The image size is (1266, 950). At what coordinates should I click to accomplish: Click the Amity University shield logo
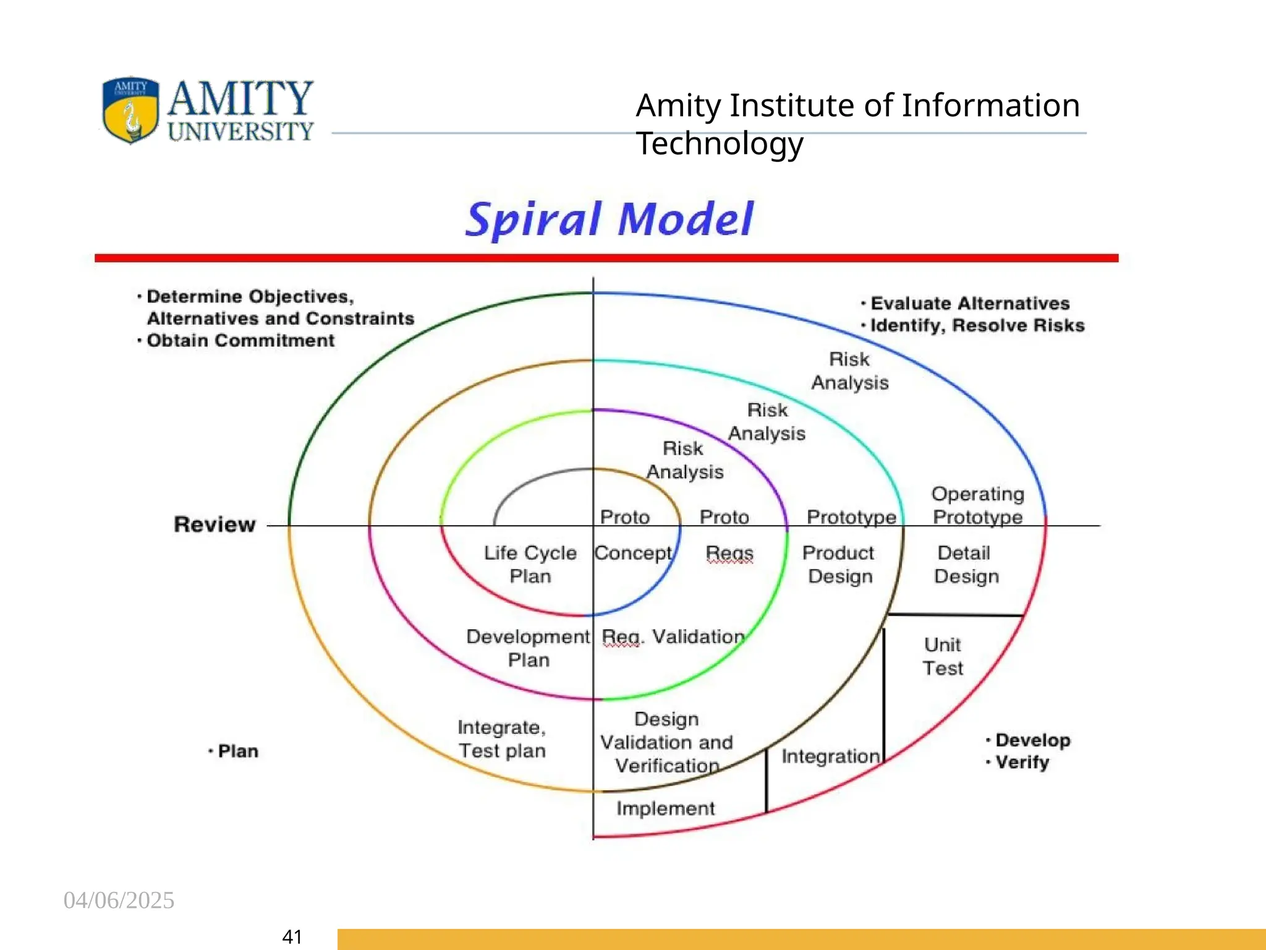[130, 110]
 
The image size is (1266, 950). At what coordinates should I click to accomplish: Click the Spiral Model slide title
[609, 219]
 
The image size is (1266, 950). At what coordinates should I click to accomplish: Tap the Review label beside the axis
[215, 524]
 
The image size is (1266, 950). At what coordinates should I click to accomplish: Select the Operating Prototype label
[977, 505]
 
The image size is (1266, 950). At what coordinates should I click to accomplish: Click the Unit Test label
[943, 656]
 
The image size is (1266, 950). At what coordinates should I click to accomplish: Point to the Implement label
[665, 808]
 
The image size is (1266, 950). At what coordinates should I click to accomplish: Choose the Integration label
[830, 756]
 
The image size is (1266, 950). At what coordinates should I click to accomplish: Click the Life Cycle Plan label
[530, 564]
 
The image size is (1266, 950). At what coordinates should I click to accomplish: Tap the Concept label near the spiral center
[633, 553]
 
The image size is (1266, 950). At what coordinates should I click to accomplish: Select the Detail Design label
[966, 564]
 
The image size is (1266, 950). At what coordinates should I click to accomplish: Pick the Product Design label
[839, 564]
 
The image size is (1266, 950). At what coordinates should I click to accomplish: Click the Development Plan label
[528, 648]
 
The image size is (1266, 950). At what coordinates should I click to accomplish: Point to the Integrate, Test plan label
[502, 738]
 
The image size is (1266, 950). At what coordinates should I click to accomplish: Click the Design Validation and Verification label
[666, 742]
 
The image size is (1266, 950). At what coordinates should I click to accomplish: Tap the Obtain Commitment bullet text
[240, 341]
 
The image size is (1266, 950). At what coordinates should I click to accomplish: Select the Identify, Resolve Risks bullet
[977, 325]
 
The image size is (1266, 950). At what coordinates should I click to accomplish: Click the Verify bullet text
[1022, 762]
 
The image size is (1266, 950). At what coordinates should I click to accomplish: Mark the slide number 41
[292, 937]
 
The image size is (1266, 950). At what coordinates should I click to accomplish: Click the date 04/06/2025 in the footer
[119, 901]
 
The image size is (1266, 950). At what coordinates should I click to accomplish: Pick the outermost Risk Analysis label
[850, 370]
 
